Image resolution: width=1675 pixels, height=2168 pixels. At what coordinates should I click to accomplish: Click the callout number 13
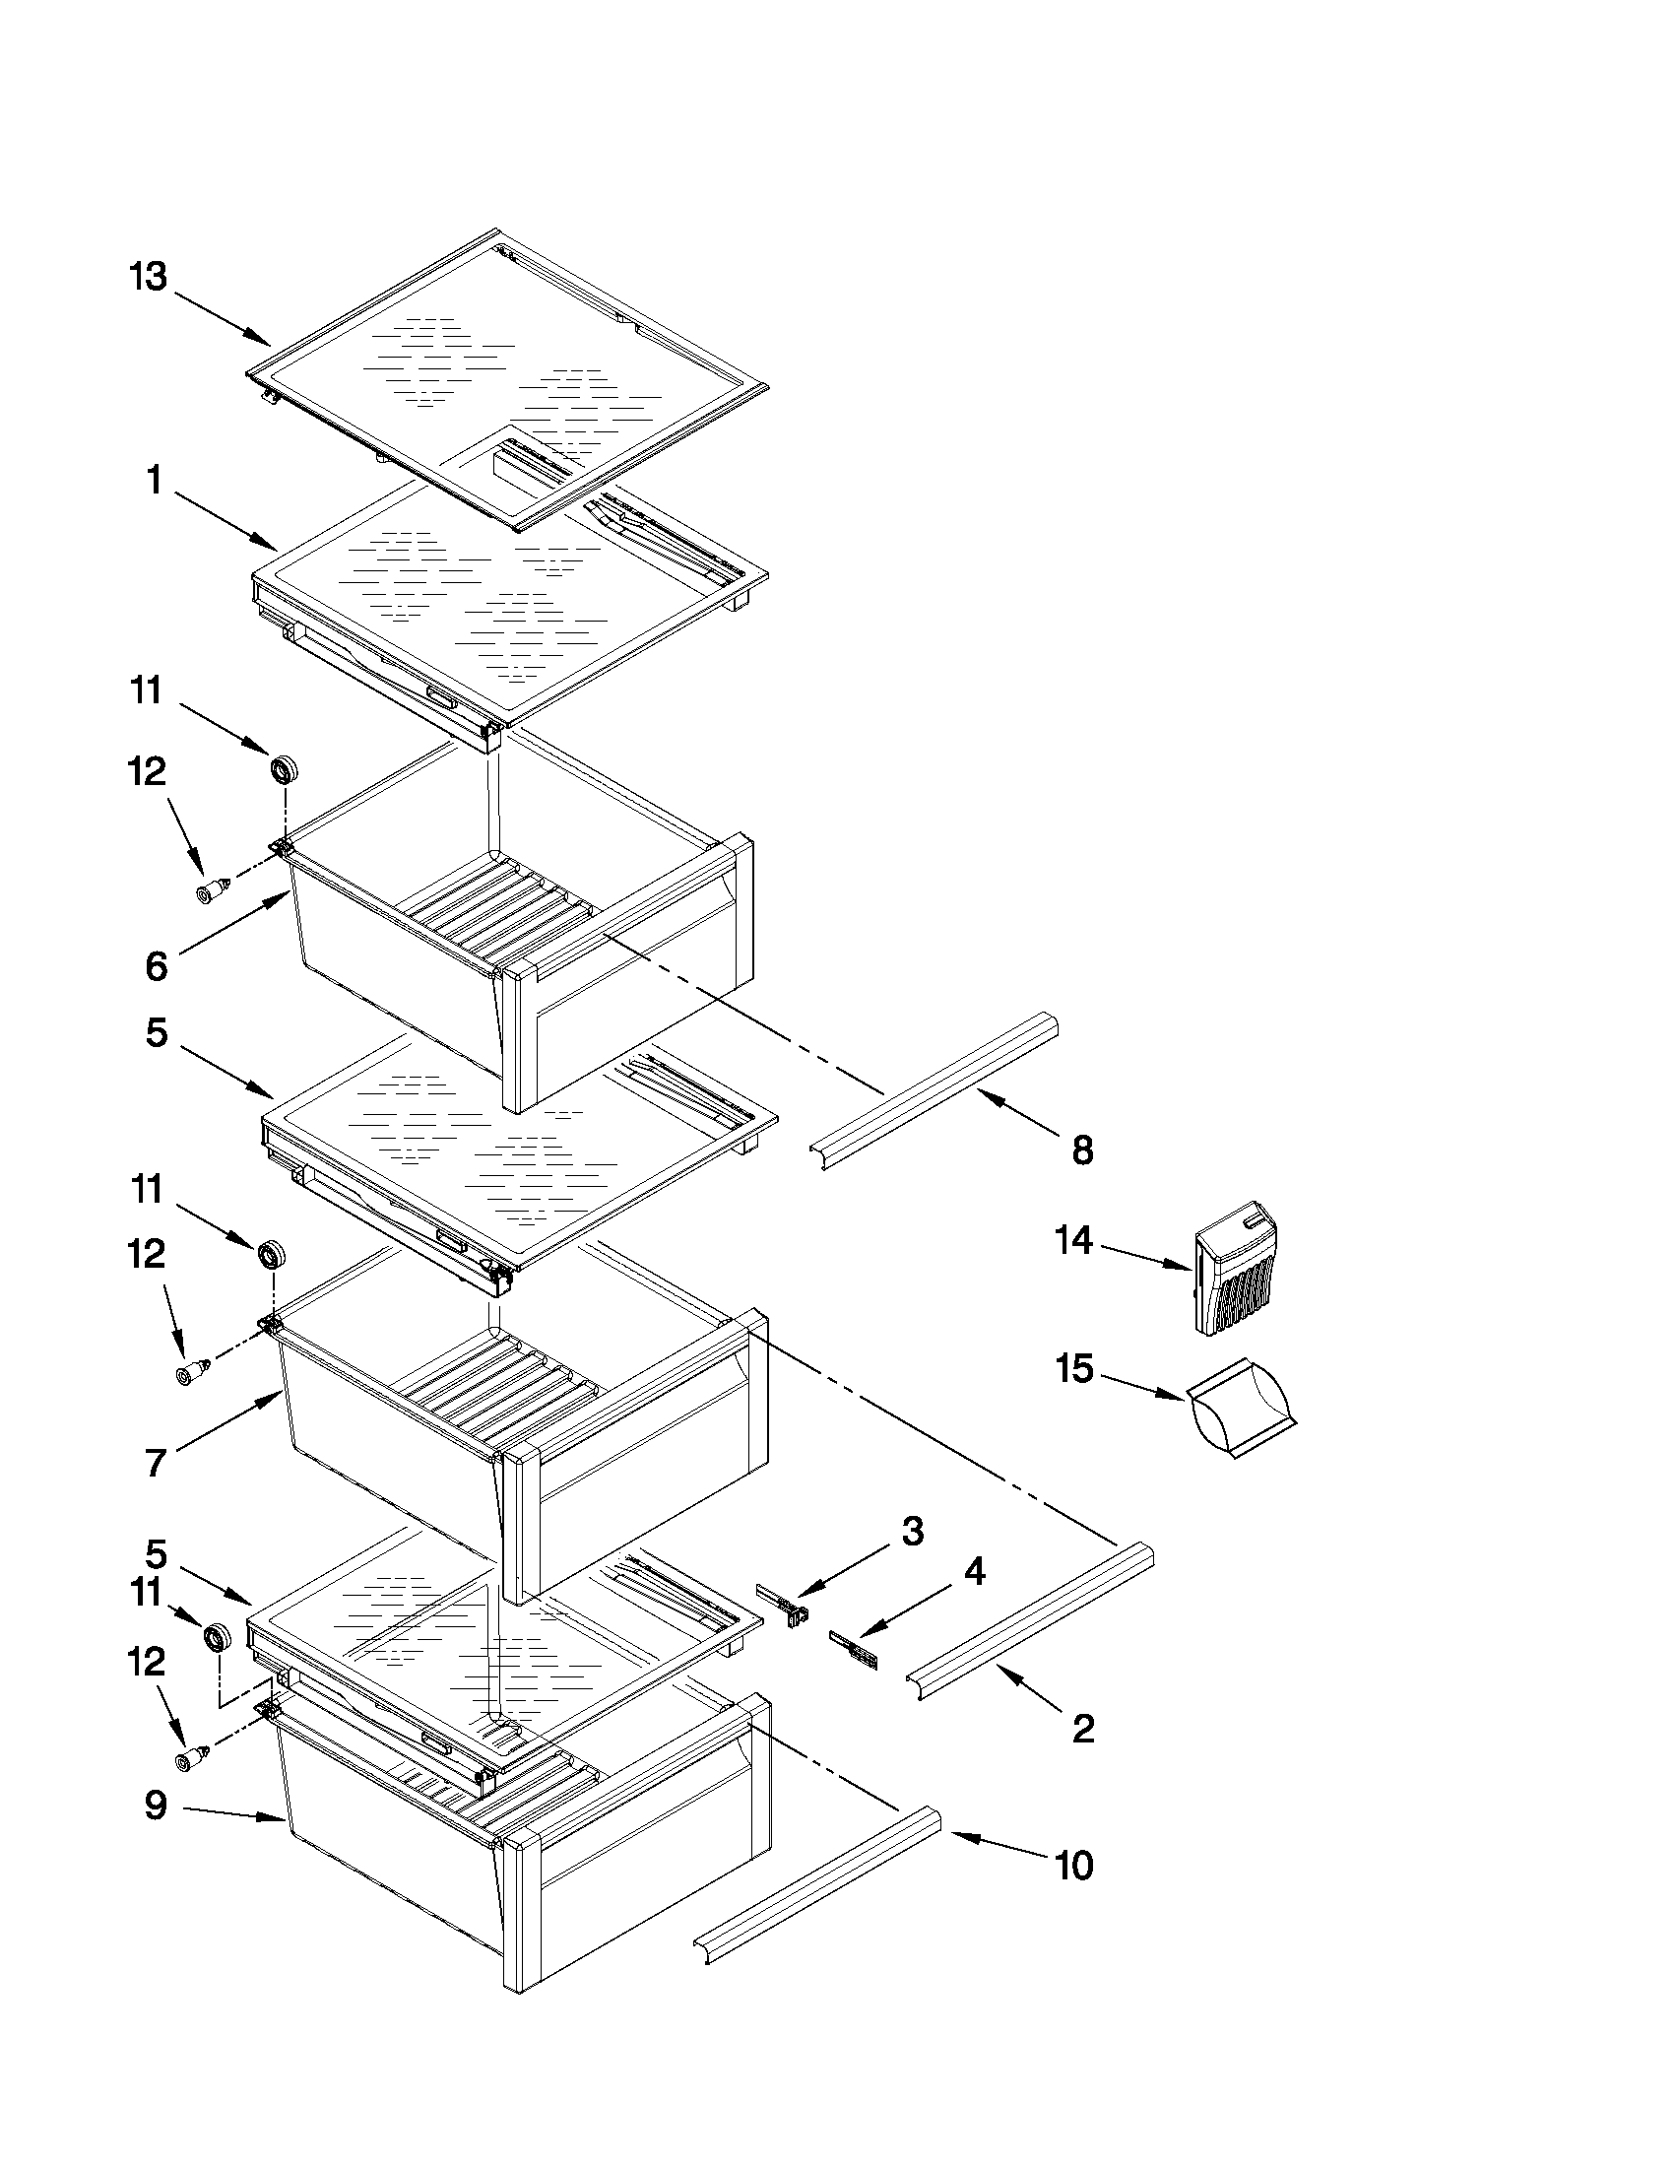pyautogui.click(x=148, y=277)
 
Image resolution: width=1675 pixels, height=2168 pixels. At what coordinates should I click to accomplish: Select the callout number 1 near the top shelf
pyautogui.click(x=154, y=482)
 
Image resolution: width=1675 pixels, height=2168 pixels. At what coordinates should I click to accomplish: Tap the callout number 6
pyautogui.click(x=157, y=966)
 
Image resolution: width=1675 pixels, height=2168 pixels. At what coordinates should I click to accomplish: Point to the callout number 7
pyautogui.click(x=155, y=1463)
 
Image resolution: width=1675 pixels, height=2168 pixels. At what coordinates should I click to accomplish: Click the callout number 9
pyautogui.click(x=156, y=1806)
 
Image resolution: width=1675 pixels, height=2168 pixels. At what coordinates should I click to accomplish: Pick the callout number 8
pyautogui.click(x=1082, y=1150)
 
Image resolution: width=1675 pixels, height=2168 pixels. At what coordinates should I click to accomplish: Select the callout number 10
pyautogui.click(x=1073, y=1866)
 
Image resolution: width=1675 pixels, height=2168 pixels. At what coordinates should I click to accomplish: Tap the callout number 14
pyautogui.click(x=1073, y=1241)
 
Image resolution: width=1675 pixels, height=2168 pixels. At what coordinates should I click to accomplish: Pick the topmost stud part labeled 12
pyautogui.click(x=212, y=890)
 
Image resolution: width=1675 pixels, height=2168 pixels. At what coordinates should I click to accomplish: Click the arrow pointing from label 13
pyautogui.click(x=225, y=317)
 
